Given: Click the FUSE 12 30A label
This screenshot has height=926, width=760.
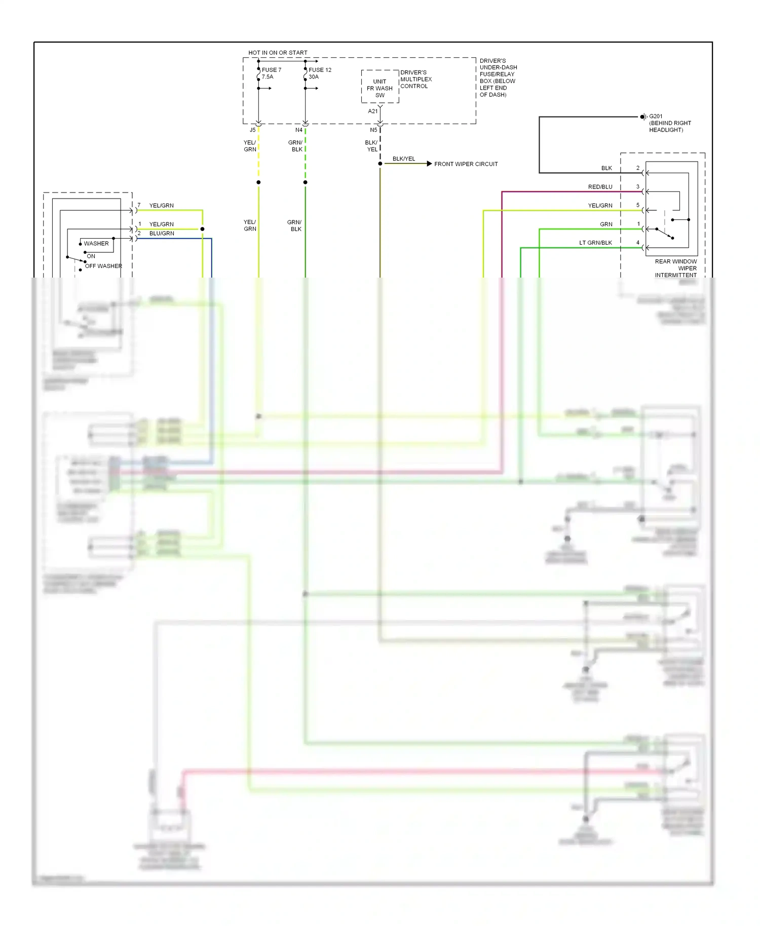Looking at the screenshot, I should tap(320, 73).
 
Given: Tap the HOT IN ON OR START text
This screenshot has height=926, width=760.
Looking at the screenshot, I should tap(278, 52).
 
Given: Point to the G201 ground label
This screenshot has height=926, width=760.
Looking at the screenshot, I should tap(656, 116).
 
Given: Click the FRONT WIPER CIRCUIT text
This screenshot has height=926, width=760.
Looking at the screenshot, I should tap(466, 164).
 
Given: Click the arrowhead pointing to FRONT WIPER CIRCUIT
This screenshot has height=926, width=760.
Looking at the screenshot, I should tap(429, 164).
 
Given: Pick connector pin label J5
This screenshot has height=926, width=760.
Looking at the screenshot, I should tap(252, 130).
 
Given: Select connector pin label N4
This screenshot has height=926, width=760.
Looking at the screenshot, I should tap(299, 130).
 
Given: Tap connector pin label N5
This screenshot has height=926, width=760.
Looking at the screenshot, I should tap(373, 130).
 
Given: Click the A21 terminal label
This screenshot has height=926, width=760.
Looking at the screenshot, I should tap(372, 111).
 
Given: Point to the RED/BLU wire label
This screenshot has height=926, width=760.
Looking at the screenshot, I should tap(600, 187).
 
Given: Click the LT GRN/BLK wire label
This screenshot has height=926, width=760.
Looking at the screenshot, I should tap(595, 243).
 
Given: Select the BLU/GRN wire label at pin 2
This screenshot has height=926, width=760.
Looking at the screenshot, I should tap(162, 234).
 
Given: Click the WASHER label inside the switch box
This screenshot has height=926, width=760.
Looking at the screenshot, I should tap(96, 244).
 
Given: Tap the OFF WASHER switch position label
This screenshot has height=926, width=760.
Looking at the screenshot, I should tap(103, 266).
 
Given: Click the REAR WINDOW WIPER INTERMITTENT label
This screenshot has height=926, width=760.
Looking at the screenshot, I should tap(675, 268).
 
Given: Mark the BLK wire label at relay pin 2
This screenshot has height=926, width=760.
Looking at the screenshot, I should tap(606, 168).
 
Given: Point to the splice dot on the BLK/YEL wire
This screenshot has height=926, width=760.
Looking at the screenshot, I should tap(380, 164).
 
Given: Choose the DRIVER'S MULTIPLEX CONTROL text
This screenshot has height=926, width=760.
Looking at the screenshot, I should tap(416, 79).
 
